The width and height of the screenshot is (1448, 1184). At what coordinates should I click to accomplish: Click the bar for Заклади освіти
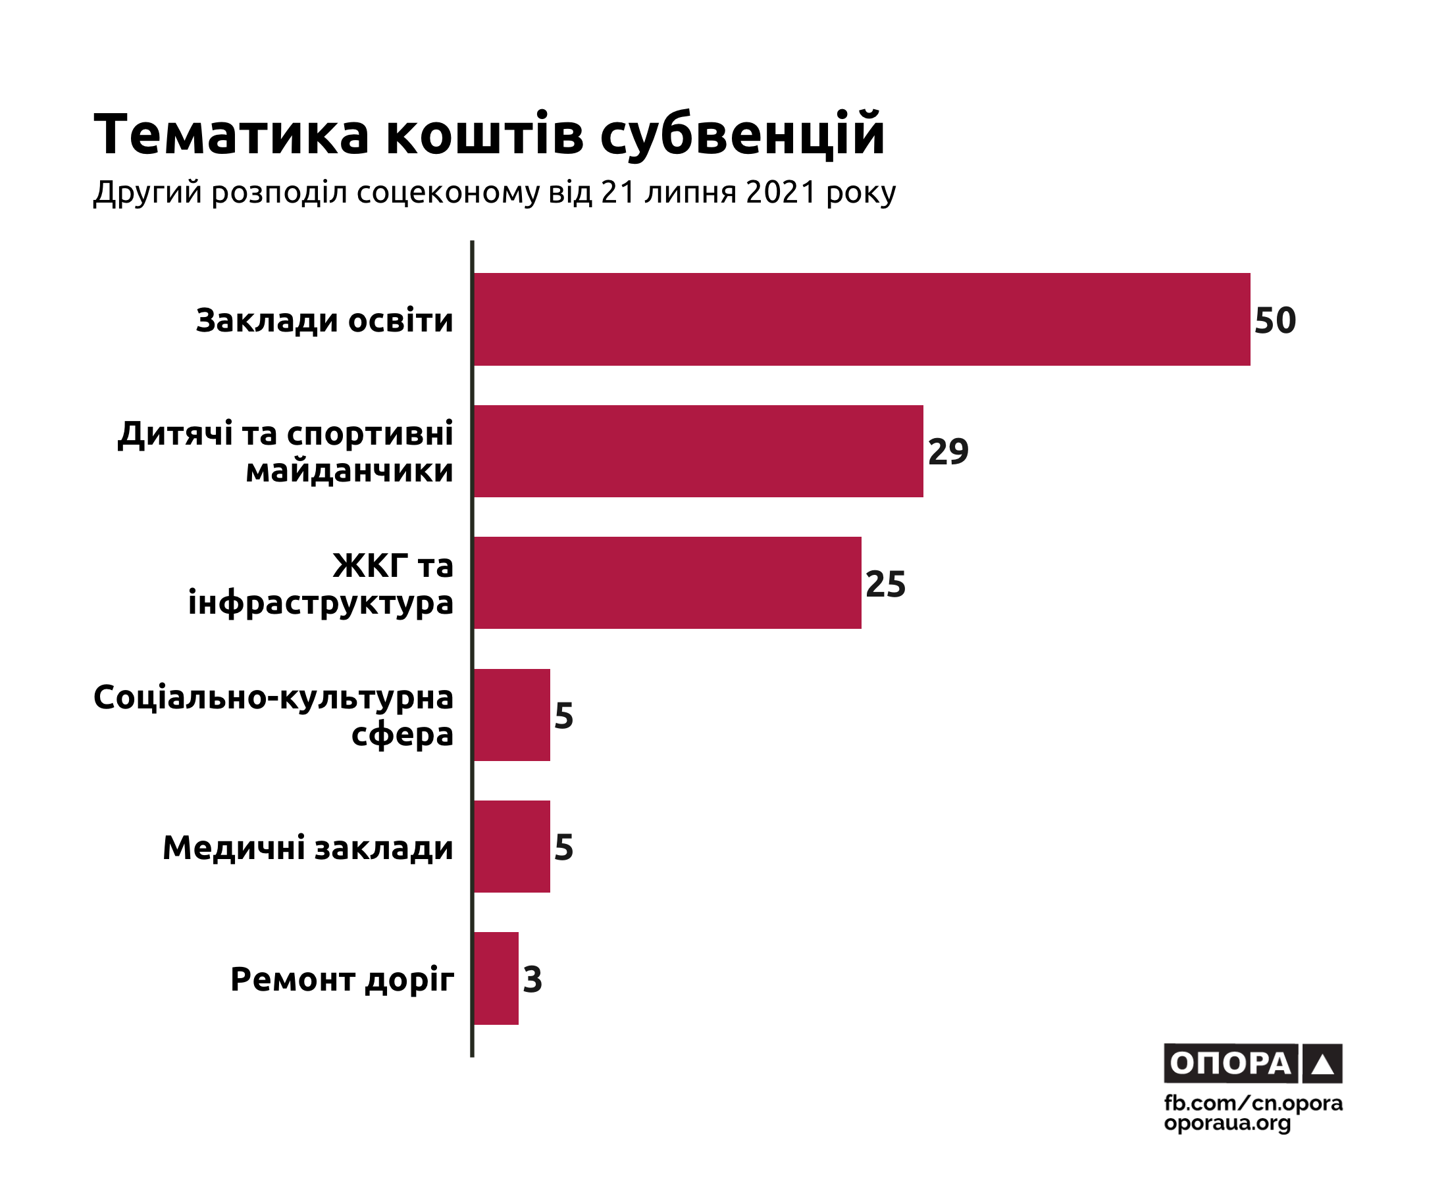click(x=861, y=319)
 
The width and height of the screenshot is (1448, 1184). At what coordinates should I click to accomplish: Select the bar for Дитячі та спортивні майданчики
click(x=698, y=451)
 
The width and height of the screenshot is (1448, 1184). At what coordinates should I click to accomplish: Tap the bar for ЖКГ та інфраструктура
click(x=667, y=582)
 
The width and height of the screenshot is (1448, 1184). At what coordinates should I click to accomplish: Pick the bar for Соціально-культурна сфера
click(x=511, y=715)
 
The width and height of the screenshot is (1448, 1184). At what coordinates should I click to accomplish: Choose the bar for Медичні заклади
click(x=511, y=847)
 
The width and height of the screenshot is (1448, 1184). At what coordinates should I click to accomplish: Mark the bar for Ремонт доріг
click(x=496, y=978)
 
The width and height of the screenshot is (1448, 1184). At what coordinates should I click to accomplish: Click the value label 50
click(x=1275, y=320)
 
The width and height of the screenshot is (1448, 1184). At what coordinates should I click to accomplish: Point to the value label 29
click(x=948, y=451)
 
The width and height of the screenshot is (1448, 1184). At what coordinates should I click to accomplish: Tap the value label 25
click(x=885, y=584)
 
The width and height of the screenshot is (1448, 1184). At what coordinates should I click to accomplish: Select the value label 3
click(x=532, y=979)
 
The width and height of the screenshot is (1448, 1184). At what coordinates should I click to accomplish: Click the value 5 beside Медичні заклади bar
click(x=563, y=847)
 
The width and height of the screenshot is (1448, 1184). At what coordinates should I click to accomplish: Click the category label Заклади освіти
click(x=324, y=320)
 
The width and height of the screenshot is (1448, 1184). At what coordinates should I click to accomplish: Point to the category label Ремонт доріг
click(x=342, y=979)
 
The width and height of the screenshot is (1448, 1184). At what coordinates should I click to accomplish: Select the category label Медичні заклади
click(x=308, y=848)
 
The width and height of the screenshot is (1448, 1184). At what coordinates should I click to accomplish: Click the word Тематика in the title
click(x=231, y=134)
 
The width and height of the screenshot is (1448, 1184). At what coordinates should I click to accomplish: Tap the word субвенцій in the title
click(x=742, y=134)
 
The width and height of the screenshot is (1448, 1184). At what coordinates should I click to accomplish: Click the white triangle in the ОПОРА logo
click(x=1322, y=1065)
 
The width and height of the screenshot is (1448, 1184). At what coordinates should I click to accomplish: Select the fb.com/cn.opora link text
click(x=1253, y=1103)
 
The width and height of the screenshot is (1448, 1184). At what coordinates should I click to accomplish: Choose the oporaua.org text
click(x=1227, y=1123)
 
